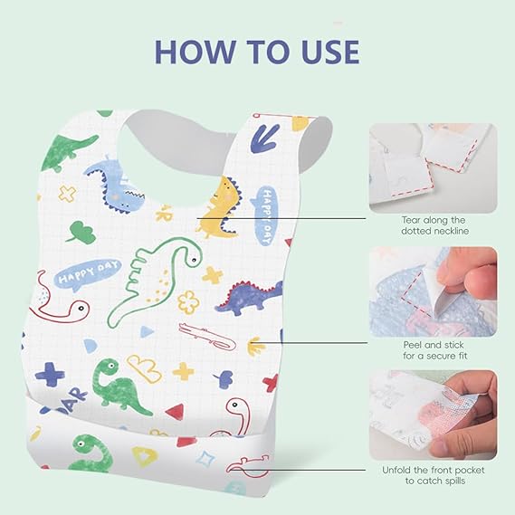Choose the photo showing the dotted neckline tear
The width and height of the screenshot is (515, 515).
coord(433,167)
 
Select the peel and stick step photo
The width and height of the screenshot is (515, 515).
coord(433,291)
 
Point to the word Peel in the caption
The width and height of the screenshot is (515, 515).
coord(412,346)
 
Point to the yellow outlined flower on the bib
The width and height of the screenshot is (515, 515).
coord(187,300)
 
